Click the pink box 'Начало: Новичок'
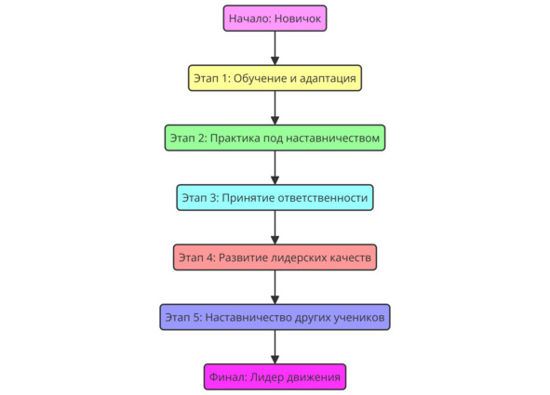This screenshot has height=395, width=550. point(275,19)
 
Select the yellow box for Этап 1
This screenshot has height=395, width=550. point(275,78)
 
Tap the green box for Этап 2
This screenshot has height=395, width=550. point(275,138)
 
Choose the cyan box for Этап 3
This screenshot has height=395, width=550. point(275,197)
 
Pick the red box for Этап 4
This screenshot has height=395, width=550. point(275,257)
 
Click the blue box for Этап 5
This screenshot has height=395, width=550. point(275,317)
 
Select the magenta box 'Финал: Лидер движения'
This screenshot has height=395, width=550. point(275,377)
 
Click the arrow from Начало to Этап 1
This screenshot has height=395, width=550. point(275,48)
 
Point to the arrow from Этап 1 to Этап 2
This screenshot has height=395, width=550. point(275,108)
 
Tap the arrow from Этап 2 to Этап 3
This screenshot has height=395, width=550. point(275,167)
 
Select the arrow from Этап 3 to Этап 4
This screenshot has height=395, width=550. point(275,228)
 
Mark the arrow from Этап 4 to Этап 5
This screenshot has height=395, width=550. point(275,287)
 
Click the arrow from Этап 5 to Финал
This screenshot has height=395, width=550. point(275,347)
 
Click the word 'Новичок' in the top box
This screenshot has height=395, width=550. point(298,19)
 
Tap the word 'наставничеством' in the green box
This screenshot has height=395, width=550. point(333,138)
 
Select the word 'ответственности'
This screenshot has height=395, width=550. point(323,198)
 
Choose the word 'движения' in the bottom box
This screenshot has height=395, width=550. point(314,378)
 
